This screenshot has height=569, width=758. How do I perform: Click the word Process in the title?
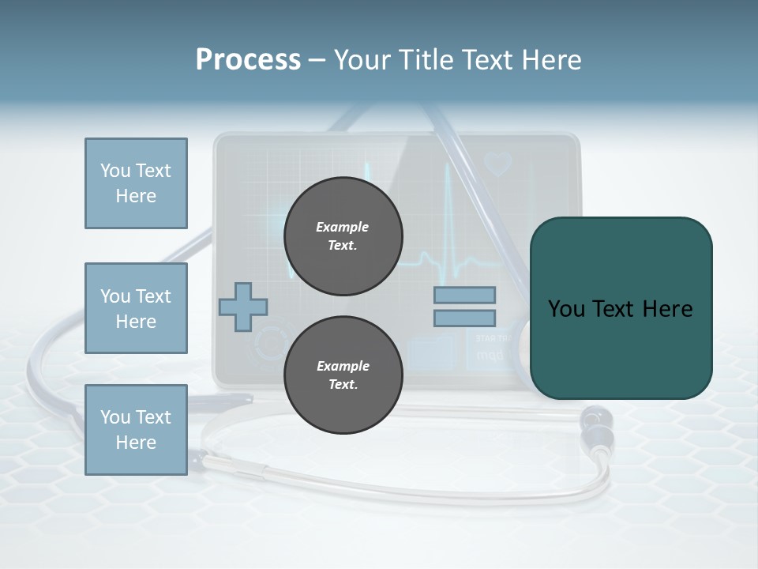pyautogui.click(x=248, y=60)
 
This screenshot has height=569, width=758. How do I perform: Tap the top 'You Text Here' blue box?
pyautogui.click(x=136, y=183)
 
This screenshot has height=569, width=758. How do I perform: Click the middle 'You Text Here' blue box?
pyautogui.click(x=136, y=308)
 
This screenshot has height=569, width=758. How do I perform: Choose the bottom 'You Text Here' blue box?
pyautogui.click(x=136, y=430)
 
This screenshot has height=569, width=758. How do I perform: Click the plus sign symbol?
pyautogui.click(x=243, y=306)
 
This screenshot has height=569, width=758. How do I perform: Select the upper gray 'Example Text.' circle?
pyautogui.click(x=343, y=236)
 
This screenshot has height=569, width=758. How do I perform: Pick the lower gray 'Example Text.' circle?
pyautogui.click(x=343, y=375)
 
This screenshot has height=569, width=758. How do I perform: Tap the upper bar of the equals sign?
pyautogui.click(x=464, y=295)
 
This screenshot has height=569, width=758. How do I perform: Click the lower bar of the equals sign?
pyautogui.click(x=464, y=318)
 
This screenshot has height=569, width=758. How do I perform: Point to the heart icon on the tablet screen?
pyautogui.click(x=498, y=164)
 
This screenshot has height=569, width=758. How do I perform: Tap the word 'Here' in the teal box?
pyautogui.click(x=666, y=309)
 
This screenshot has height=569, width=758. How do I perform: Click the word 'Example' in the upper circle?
pyautogui.click(x=343, y=227)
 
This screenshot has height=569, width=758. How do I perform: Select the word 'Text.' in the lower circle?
pyautogui.click(x=343, y=385)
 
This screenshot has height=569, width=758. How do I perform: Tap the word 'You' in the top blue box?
pyautogui.click(x=115, y=171)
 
